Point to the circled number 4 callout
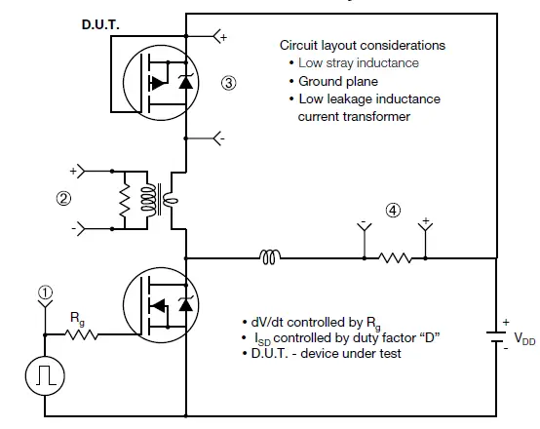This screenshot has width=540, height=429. pos(393,209)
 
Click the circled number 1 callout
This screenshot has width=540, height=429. pos(43,290)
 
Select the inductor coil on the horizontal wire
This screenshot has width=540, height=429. pos(270,258)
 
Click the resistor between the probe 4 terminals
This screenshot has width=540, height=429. pos(395,259)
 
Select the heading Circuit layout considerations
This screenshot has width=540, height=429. pos(362,45)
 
